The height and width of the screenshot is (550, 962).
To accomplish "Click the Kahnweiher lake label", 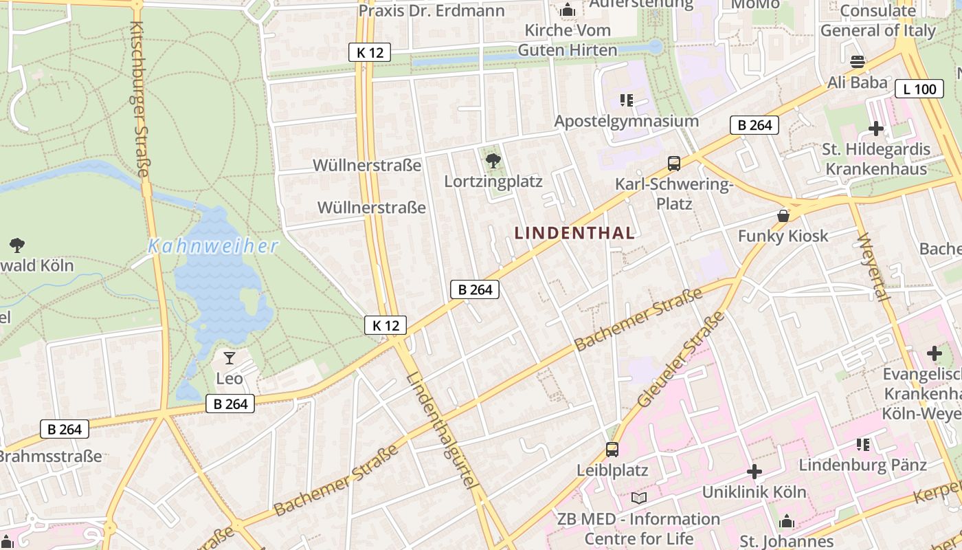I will pos(213,246).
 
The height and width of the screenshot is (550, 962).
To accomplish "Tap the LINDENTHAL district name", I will pos(574,232).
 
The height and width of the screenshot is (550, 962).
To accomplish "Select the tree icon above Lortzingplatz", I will pos(493,162).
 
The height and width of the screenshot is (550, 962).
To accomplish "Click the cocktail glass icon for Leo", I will pos(229,358).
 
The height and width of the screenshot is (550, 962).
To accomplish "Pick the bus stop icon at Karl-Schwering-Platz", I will pos(674,164).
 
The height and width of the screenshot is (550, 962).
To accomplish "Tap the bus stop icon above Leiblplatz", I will pos(612,450).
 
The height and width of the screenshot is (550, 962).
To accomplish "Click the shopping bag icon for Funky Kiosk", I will pos(783,216).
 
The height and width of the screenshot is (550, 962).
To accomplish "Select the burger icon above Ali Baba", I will pos(857,62).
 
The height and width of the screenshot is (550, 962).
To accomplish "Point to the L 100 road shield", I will pos(919,89).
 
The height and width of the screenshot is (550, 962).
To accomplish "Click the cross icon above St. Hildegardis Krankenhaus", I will pos(876,129).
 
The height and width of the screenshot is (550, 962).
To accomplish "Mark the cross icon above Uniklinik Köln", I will pos(754,472).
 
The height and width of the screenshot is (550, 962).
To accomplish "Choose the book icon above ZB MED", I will pos(639,498).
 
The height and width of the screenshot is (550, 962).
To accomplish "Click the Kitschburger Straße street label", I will pos(139,98).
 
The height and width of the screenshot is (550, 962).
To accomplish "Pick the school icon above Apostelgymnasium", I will pos(626,101).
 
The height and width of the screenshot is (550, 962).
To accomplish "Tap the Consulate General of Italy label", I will pos(877,21).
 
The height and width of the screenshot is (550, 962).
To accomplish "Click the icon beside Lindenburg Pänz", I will pos(863,445).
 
